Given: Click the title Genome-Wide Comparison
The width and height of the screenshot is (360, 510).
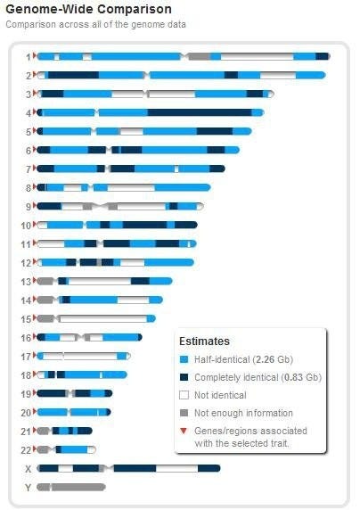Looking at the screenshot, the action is tap(88, 9).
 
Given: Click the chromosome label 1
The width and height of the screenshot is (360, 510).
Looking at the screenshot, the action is tap(29, 57).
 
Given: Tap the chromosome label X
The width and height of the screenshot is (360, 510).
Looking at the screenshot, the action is tap(29, 469).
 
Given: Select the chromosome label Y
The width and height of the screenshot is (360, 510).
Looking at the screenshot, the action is tap(29, 488).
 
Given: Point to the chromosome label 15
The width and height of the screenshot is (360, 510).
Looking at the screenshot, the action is tap(26, 319).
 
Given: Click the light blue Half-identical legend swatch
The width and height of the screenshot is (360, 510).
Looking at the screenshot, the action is tap(184, 359).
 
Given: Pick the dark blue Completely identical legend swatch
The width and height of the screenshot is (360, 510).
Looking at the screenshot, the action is tap(184, 377).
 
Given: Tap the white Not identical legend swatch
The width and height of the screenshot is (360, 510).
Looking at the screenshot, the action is tap(184, 395).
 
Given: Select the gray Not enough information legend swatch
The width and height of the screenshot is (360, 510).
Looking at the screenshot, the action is tap(184, 413).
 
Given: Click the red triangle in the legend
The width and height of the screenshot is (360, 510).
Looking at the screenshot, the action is tap(184, 431).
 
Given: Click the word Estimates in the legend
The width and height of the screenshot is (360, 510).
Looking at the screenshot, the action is tap(204, 341).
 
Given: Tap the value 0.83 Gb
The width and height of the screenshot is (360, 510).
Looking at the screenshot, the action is tap(301, 377).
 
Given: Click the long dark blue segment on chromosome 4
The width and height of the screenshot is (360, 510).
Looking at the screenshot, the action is tap(200, 113).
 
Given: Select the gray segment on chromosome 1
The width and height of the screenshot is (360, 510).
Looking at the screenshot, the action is tap(199, 56).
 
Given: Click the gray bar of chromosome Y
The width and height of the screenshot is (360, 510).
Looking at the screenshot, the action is tap(71, 487).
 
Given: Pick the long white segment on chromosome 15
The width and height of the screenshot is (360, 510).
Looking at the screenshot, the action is tap(103, 319).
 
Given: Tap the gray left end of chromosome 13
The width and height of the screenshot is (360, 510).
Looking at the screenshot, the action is tap(45, 281).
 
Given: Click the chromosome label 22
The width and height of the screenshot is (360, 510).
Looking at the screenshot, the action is tap(26, 450).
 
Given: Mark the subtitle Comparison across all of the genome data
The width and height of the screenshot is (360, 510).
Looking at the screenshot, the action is tap(95, 24).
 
